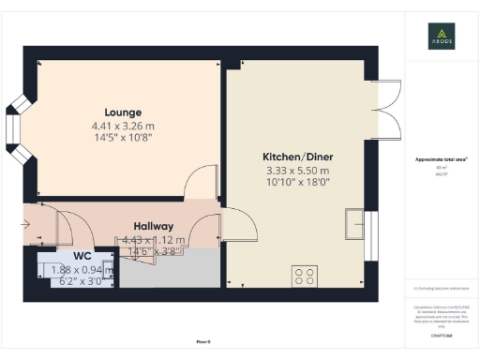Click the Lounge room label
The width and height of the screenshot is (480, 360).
123,112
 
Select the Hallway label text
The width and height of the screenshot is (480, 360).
153,226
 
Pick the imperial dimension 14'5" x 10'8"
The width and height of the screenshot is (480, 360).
123,137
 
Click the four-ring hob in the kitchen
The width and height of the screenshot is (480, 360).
306,276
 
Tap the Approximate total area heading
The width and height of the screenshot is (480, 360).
441,159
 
